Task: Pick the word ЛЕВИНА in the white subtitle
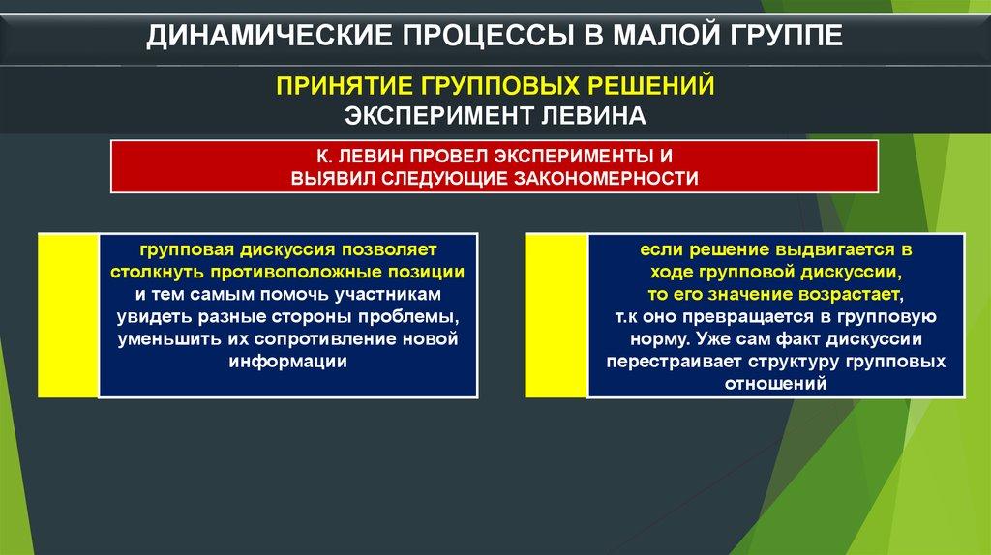tap(593, 116)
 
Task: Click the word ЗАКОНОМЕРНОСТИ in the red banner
tap(606, 179)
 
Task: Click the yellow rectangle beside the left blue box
tap(69, 315)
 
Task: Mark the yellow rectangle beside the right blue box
tap(556, 315)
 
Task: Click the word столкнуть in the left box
tap(158, 272)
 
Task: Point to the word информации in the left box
tap(288, 362)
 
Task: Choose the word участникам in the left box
tap(388, 295)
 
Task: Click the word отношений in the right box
tap(775, 384)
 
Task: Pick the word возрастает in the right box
tap(851, 295)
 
